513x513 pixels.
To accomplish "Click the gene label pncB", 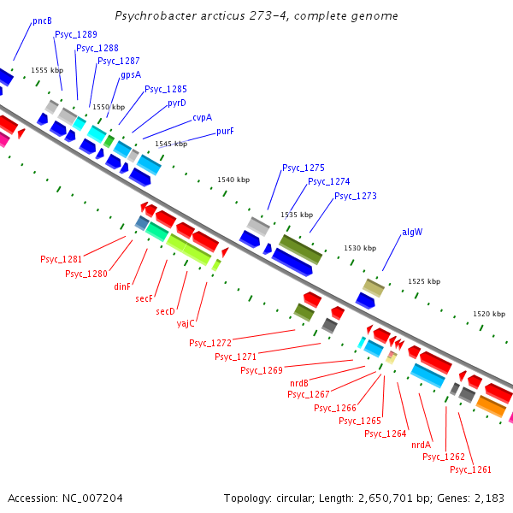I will click(42, 20).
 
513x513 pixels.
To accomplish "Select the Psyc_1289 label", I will click(75, 34).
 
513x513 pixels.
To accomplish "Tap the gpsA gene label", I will click(131, 74).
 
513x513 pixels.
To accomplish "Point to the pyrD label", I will click(177, 103).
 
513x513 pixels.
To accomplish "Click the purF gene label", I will click(225, 131).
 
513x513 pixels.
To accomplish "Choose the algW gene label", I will click(412, 232).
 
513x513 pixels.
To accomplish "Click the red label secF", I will click(144, 298).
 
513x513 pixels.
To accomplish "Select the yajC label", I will click(186, 323).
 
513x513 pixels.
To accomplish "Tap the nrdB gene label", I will click(299, 382).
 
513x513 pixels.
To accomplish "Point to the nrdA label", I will click(421, 445).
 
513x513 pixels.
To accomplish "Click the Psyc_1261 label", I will click(470, 469).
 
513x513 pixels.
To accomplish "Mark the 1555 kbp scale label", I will click(47, 70).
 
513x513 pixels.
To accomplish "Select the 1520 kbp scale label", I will click(488, 314).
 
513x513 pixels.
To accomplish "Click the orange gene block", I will click(491, 407).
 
